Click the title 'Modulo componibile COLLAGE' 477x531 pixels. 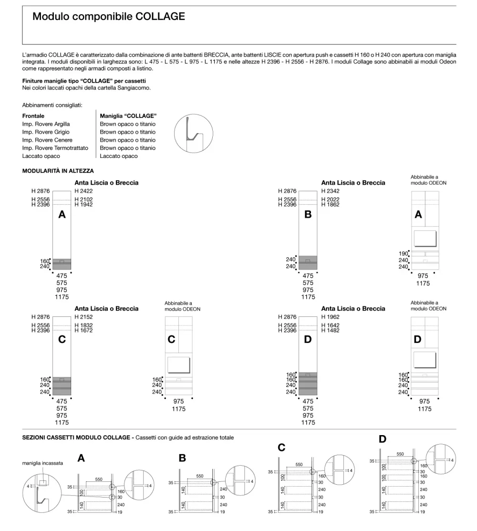108,17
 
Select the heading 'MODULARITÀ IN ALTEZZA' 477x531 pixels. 58,170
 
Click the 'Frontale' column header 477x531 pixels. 33,116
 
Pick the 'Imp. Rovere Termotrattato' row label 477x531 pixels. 55,148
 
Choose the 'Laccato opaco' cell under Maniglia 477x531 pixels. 118,156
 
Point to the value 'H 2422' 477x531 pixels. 83,191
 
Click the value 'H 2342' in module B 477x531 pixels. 331,191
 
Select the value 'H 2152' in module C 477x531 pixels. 83,316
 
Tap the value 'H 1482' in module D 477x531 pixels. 331,330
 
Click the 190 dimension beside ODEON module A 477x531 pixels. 404,253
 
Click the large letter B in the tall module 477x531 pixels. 308,215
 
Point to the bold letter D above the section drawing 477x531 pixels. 383,439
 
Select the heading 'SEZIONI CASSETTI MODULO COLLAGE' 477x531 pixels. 77,437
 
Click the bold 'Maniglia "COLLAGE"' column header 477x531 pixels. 128,116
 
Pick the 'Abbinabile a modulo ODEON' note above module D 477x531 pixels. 428,305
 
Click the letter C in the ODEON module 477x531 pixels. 171,340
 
